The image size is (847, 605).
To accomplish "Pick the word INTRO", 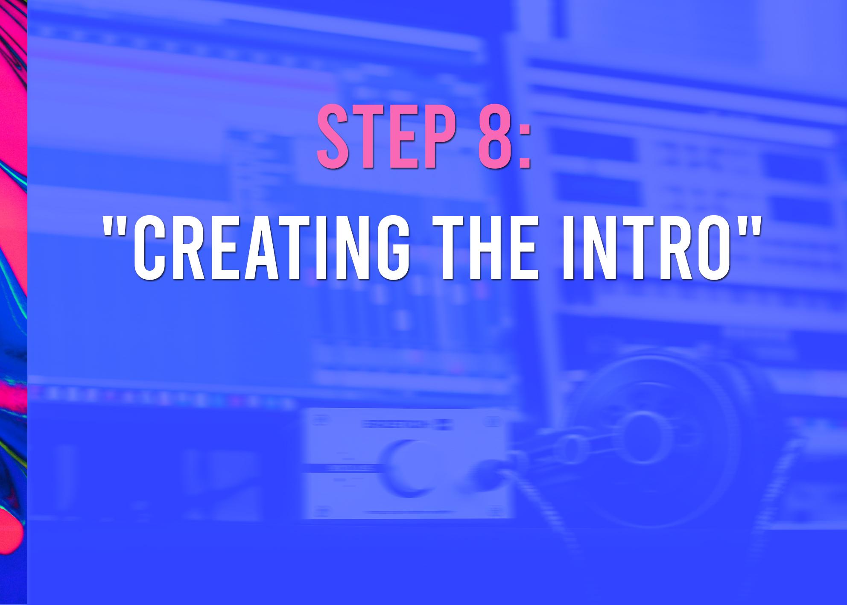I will [x=647, y=248].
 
